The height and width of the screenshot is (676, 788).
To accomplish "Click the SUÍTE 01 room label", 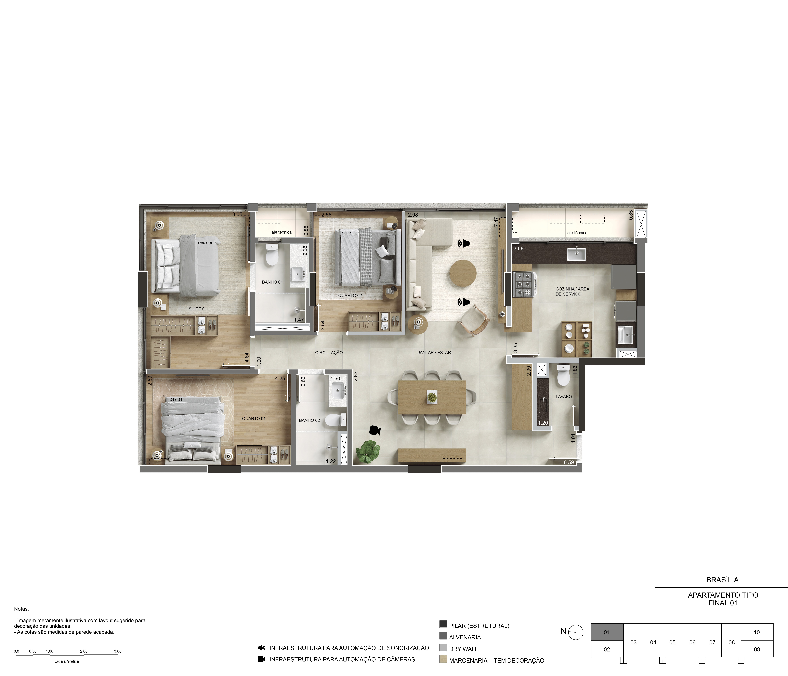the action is point(198,309).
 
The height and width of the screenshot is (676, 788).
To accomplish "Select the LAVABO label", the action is point(564,396).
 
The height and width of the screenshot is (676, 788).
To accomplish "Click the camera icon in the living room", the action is point(375,430).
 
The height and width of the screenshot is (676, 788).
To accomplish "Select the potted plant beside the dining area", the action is point(368,452).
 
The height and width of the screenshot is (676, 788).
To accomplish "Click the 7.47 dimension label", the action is point(496,222).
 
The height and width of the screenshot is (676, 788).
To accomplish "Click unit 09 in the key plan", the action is point(757,649).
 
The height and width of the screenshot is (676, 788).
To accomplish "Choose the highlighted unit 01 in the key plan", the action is point(607,632).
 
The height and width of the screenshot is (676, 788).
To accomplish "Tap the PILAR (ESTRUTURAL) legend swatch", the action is point(443,624).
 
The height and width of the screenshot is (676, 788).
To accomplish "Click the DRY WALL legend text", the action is point(463,649).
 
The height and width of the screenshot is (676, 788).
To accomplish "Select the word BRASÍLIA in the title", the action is point(722,580).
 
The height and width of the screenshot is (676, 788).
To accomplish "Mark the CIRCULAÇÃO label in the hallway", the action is point(329,353).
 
